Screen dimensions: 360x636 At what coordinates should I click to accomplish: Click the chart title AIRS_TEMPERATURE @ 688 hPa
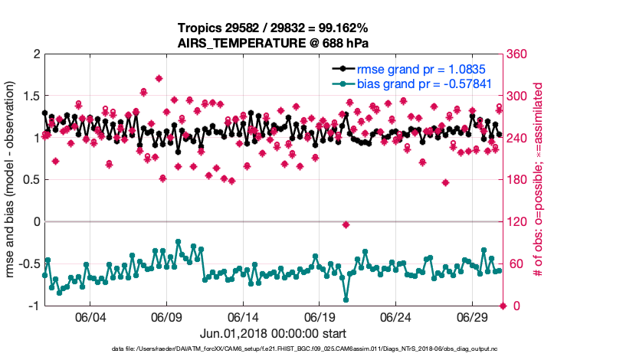(274, 43)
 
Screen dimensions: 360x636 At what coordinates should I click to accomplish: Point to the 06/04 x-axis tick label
(90, 317)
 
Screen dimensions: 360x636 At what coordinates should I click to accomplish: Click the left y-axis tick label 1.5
(30, 97)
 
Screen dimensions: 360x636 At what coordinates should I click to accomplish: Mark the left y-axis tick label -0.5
(28, 264)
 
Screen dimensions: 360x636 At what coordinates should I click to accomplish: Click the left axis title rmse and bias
(11, 180)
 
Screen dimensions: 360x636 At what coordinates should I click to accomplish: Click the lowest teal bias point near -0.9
(346, 299)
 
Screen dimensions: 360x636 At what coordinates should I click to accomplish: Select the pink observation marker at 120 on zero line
(346, 224)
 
